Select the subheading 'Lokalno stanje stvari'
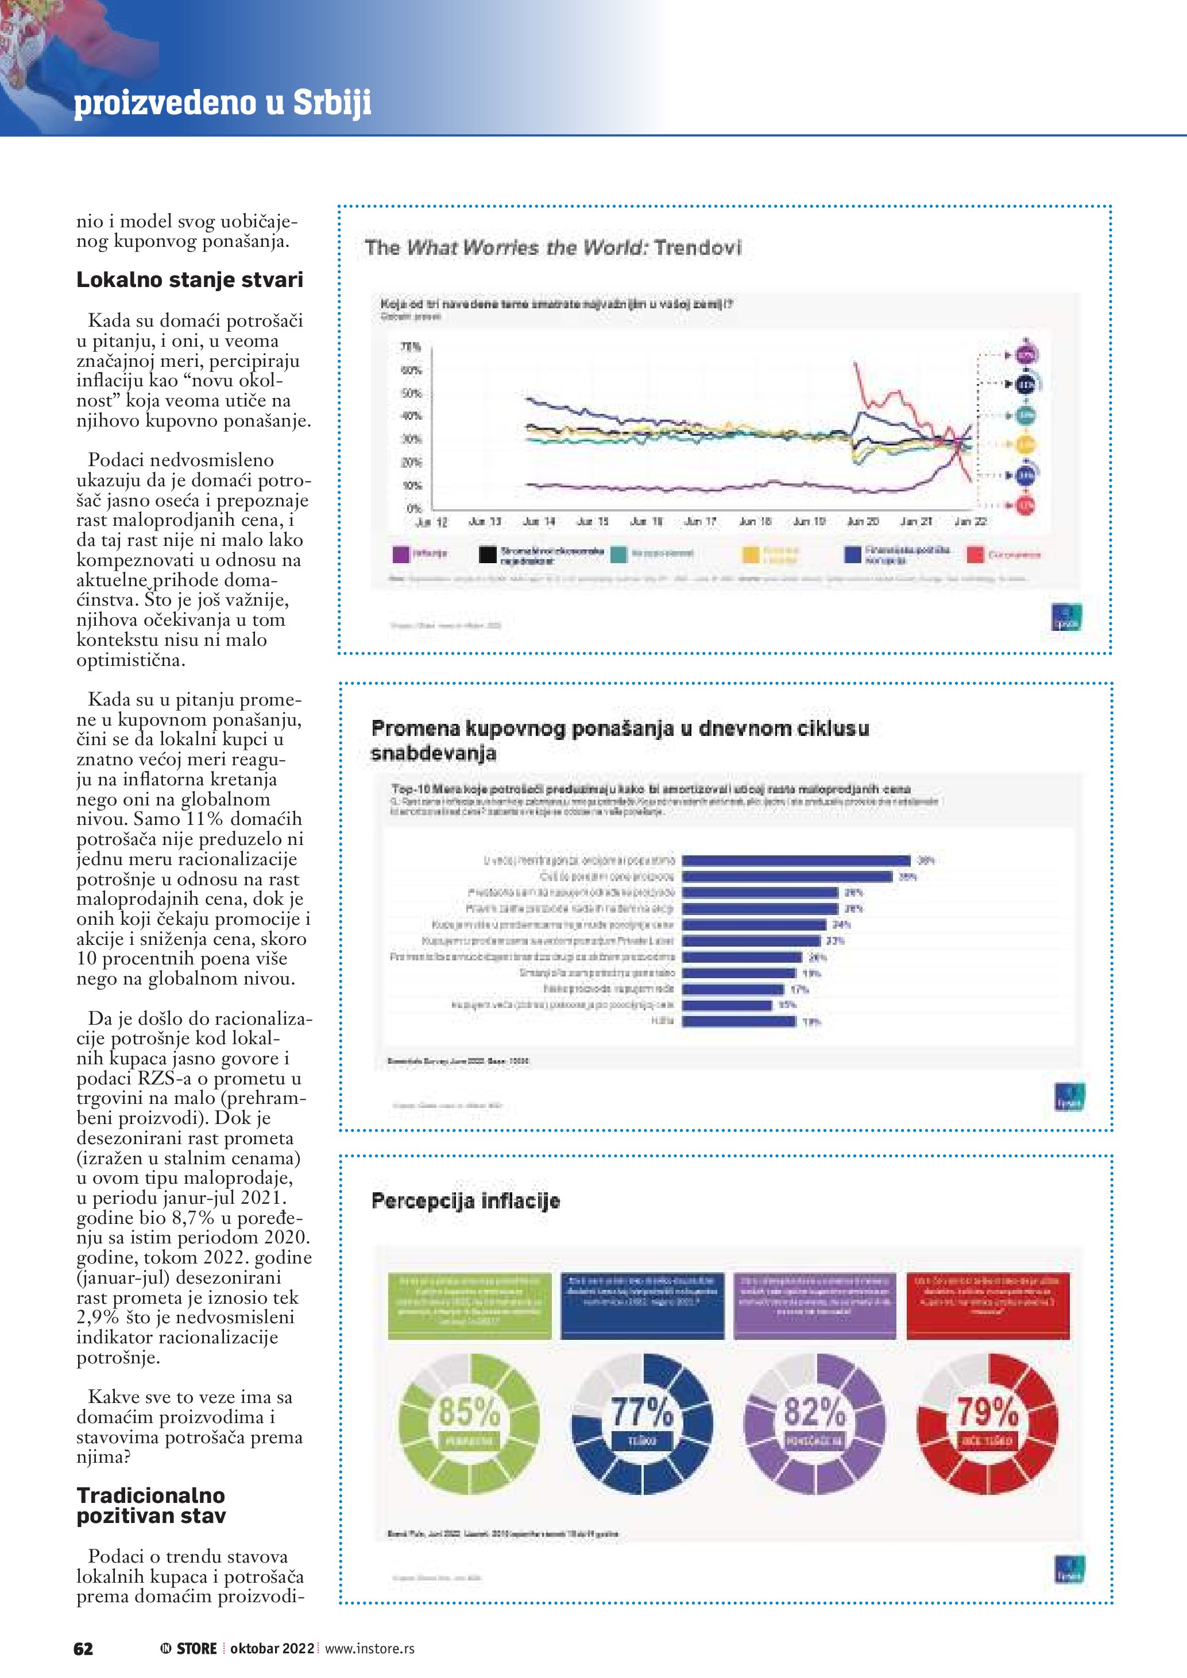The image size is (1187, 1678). pyautogui.click(x=190, y=280)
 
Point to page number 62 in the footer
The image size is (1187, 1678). pyautogui.click(x=83, y=1648)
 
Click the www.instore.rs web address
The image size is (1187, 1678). pyautogui.click(x=369, y=1648)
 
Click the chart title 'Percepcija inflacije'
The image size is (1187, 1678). pyautogui.click(x=466, y=1201)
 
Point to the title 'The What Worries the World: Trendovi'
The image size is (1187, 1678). pyautogui.click(x=552, y=248)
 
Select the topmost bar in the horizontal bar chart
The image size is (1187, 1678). pyautogui.click(x=796, y=860)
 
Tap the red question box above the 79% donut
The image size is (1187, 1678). pyautogui.click(x=988, y=1305)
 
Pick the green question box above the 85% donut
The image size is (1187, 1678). pyautogui.click(x=469, y=1305)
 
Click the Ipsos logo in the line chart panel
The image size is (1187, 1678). pyautogui.click(x=1066, y=618)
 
